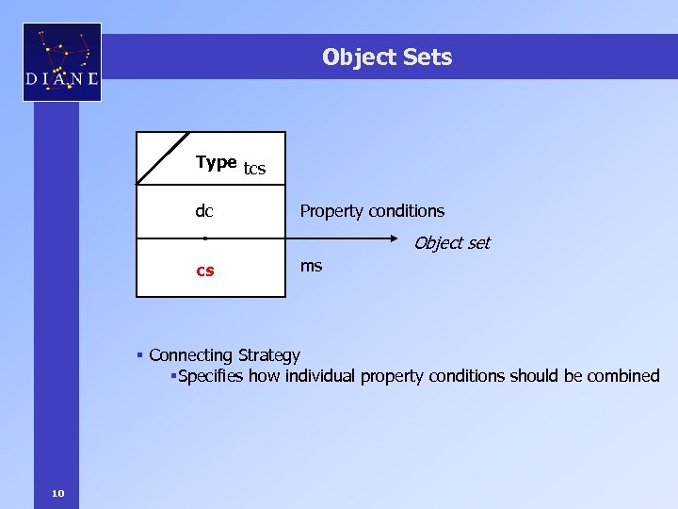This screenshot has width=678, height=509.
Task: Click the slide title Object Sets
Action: pyautogui.click(x=386, y=57)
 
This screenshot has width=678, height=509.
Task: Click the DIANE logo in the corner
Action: pyautogui.click(x=62, y=62)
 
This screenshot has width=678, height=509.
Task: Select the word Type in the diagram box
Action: pyautogui.click(x=216, y=162)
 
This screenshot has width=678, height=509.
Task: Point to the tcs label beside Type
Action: pyautogui.click(x=254, y=170)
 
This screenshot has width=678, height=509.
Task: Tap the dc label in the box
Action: pyautogui.click(x=203, y=211)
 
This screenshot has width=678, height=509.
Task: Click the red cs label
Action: pyautogui.click(x=204, y=271)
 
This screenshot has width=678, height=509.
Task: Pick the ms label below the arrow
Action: pyautogui.click(x=311, y=266)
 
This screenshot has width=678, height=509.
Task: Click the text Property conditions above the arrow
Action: pyautogui.click(x=372, y=211)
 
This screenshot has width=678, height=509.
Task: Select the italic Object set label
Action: pyautogui.click(x=452, y=243)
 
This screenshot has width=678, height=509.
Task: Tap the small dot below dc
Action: pyautogui.click(x=204, y=238)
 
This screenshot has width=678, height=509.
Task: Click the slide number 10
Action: pyautogui.click(x=58, y=493)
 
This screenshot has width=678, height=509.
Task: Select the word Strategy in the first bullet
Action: pyautogui.click(x=268, y=355)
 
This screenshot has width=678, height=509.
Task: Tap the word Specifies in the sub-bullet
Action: pyautogui.click(x=213, y=376)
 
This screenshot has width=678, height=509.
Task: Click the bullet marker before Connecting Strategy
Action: pyautogui.click(x=138, y=355)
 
